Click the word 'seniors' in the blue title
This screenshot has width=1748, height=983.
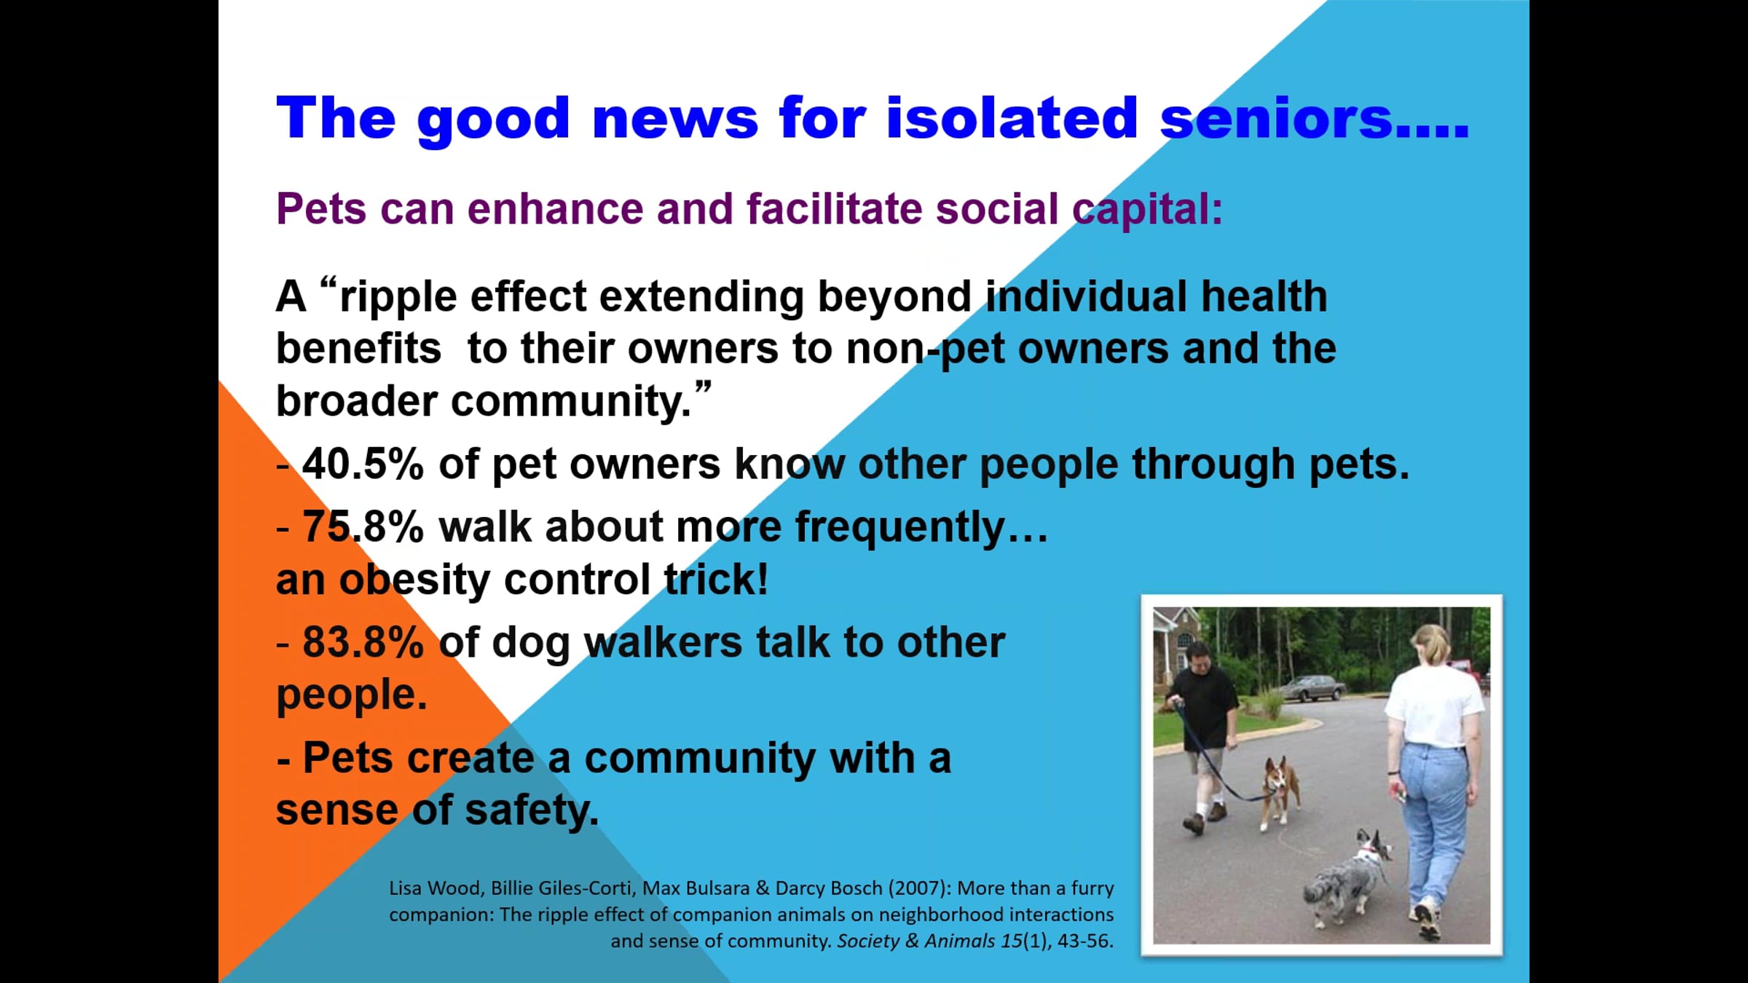1276,118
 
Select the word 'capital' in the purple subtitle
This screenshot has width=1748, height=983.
1142,210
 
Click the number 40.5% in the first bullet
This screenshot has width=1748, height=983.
363,464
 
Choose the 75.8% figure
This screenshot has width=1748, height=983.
363,526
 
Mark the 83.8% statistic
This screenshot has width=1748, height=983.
363,642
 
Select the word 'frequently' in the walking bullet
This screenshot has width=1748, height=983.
900,528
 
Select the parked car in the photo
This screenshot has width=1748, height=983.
1312,687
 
